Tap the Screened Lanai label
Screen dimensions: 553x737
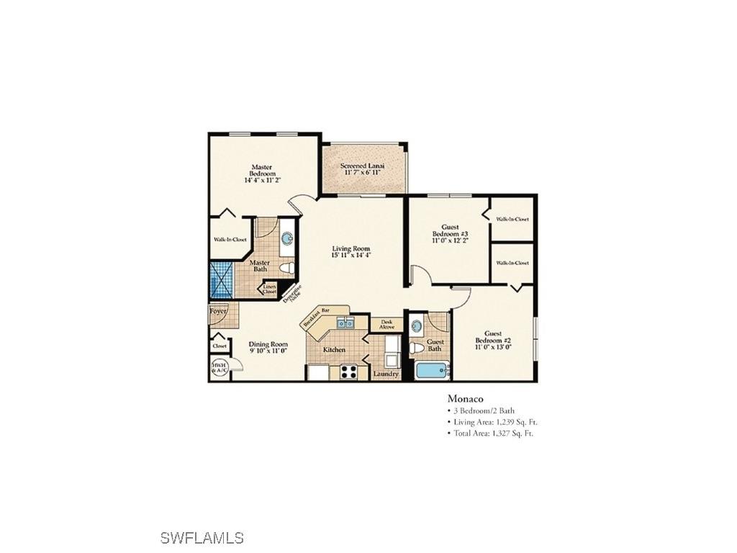pos(362,166)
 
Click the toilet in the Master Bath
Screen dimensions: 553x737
pos(287,269)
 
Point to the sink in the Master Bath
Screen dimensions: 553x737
pos(286,238)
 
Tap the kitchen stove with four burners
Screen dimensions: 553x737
pos(348,372)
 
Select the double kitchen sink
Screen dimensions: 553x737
pos(345,323)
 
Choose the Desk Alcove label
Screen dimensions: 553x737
pos(386,325)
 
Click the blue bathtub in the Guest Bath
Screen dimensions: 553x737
pos(432,372)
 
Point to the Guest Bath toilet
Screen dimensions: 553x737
pos(417,347)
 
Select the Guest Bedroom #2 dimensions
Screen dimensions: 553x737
pos(492,347)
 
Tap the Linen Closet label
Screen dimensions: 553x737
pos(269,289)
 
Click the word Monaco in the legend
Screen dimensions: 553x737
pos(465,398)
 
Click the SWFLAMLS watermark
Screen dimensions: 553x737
pos(202,538)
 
